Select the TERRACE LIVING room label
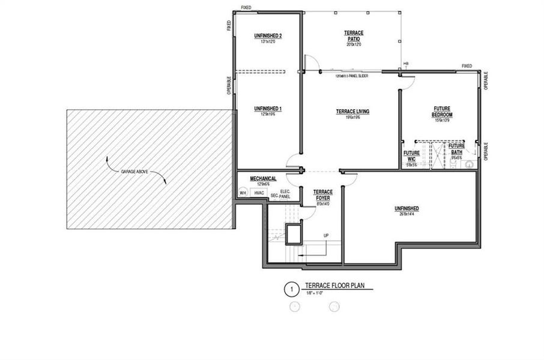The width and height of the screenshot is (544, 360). [x=352, y=112]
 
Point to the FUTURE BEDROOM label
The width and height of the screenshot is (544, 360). [x=443, y=112]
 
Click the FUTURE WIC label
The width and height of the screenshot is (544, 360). [x=411, y=156]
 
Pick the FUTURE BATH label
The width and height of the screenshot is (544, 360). [x=456, y=149]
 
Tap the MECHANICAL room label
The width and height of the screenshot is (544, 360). [x=263, y=179]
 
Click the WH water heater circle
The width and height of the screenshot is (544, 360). [x=243, y=193]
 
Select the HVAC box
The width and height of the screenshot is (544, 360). [x=260, y=193]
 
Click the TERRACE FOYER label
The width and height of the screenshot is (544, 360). [x=323, y=194]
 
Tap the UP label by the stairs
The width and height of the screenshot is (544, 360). [x=325, y=235]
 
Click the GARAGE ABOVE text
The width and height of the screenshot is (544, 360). [x=135, y=172]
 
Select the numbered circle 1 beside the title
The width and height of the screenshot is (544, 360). [x=291, y=290]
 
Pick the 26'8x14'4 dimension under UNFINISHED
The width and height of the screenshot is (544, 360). [x=406, y=214]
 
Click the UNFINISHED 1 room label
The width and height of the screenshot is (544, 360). [x=268, y=109]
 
